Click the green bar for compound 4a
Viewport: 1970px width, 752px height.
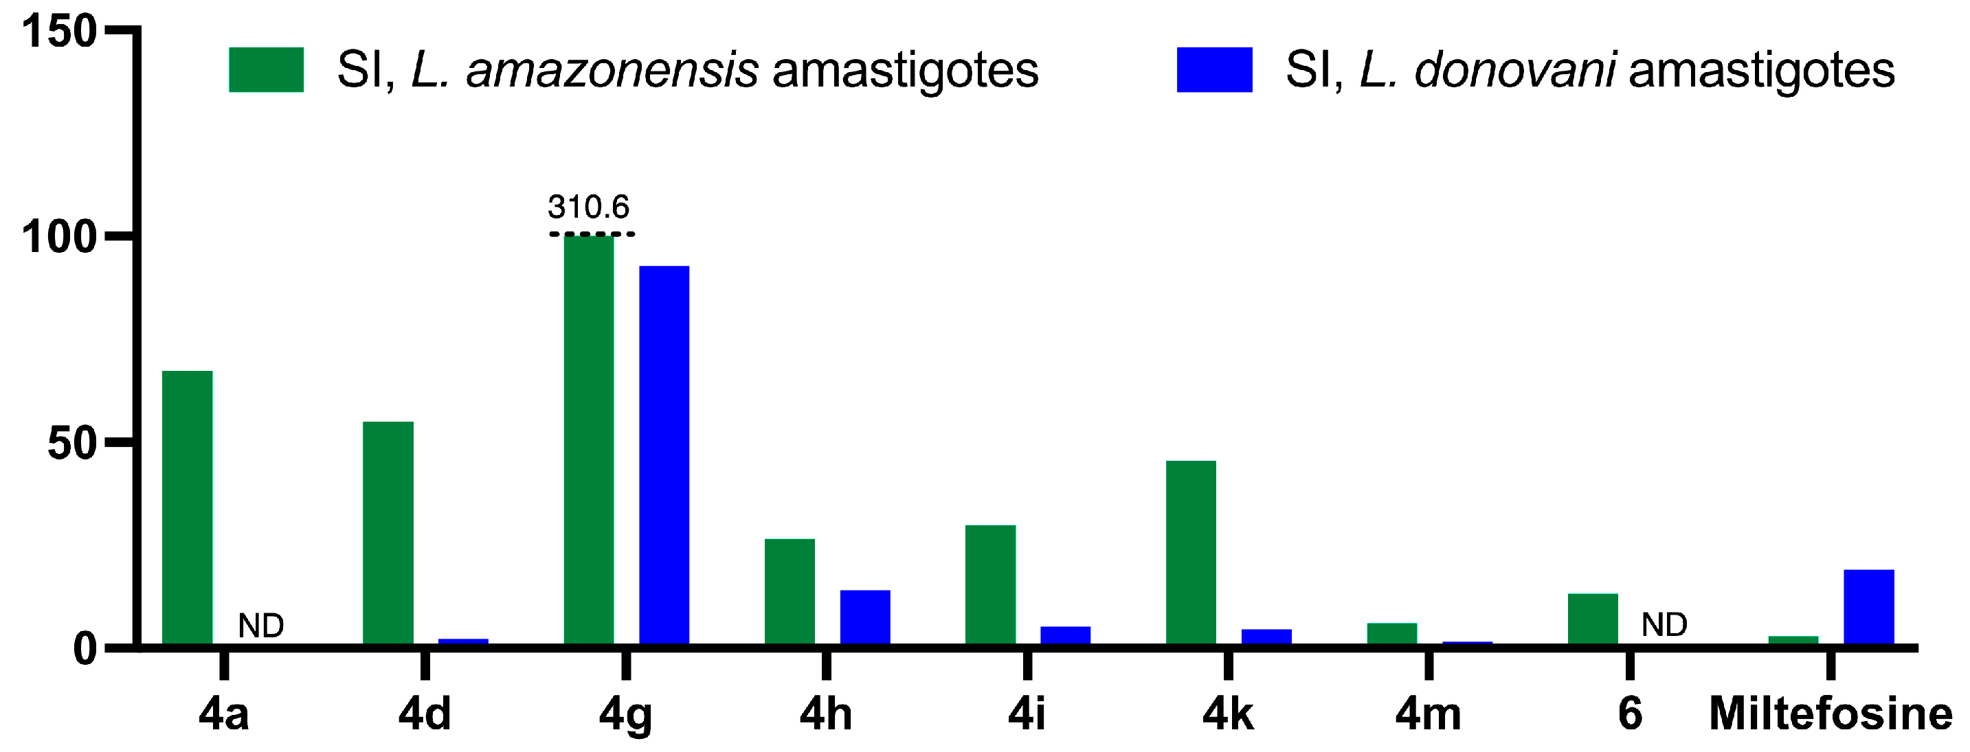(x=188, y=508)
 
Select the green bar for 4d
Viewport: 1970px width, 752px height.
(x=388, y=533)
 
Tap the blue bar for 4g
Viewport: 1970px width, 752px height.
(x=664, y=455)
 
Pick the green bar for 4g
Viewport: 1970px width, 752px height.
(x=589, y=440)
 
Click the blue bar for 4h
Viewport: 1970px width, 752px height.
(x=865, y=617)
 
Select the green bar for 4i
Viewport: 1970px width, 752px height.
(x=990, y=584)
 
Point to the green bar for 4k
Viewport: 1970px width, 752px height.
(x=1191, y=553)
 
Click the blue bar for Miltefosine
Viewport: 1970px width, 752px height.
(x=1869, y=607)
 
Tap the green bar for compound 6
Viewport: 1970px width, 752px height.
(x=1593, y=619)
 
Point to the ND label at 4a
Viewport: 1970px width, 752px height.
(x=261, y=626)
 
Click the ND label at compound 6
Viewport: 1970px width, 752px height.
(x=1665, y=625)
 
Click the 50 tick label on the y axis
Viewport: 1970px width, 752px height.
(x=72, y=444)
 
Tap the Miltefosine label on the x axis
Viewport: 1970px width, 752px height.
(x=1831, y=714)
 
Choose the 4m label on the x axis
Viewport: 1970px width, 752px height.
(x=1428, y=714)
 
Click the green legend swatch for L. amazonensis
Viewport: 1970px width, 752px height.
(x=266, y=69)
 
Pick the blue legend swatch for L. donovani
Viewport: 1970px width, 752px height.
(x=1214, y=69)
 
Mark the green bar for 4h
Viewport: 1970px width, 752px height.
(x=790, y=591)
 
